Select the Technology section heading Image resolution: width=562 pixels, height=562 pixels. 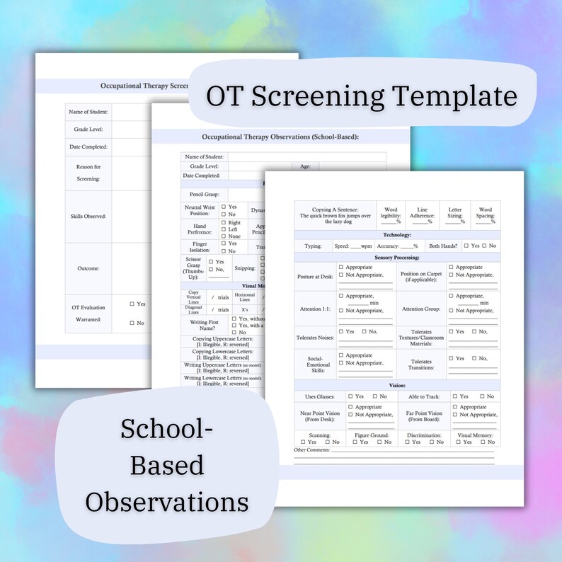click(397, 235)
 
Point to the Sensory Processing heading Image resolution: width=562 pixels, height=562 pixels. click(397, 258)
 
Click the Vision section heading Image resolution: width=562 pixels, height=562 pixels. click(397, 385)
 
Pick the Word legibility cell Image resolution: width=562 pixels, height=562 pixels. click(391, 215)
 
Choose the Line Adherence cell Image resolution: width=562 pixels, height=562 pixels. click(423, 215)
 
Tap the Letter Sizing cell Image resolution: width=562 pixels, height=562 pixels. click(454, 215)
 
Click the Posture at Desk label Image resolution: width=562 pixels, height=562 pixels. click(314, 275)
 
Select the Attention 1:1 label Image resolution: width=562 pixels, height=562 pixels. click(315, 309)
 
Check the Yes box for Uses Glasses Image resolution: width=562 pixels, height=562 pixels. click(350, 397)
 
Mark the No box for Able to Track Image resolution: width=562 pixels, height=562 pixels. click(482, 397)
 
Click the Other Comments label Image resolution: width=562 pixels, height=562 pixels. click(311, 450)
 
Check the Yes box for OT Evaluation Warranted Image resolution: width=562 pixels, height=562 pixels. click(132, 304)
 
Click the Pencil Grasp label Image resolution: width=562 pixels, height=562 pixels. click(205, 194)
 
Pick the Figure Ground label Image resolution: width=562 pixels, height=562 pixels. click(371, 435)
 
